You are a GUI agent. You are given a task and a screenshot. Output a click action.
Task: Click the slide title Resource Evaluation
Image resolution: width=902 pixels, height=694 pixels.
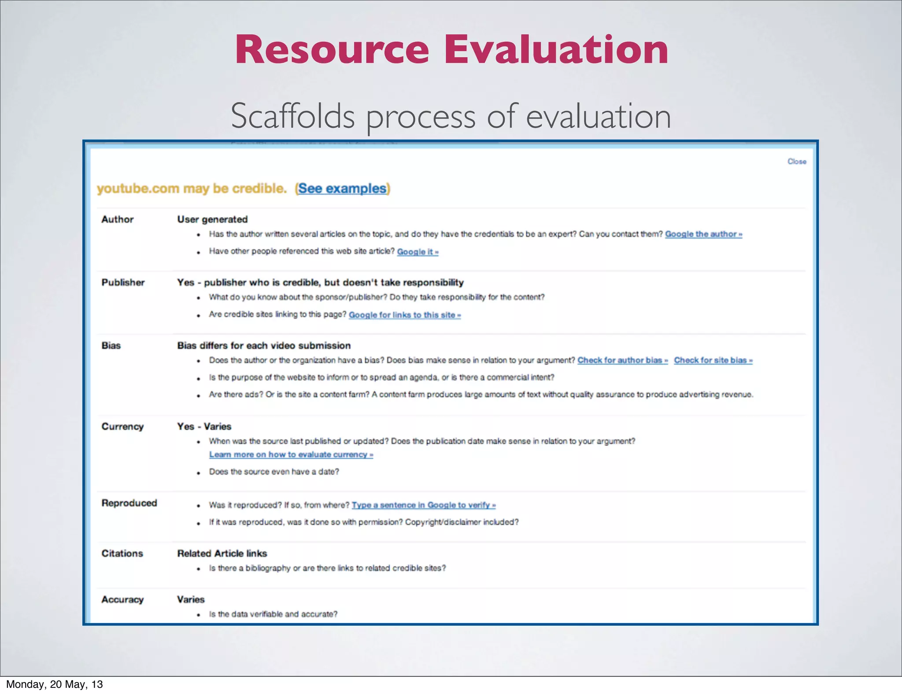(x=451, y=49)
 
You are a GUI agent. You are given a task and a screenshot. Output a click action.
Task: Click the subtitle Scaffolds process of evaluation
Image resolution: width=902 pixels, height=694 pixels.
(x=451, y=116)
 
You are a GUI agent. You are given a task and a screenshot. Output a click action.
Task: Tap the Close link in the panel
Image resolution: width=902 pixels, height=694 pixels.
(x=797, y=162)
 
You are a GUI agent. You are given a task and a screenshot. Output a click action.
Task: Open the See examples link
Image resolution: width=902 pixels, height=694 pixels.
(x=342, y=188)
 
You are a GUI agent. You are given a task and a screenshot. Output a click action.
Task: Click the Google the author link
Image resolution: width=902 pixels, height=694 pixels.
(x=703, y=234)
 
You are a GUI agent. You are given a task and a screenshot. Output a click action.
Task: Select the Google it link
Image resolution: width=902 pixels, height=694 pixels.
(x=417, y=252)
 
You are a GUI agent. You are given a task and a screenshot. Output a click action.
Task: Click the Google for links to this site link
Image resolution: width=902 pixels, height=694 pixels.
(x=404, y=315)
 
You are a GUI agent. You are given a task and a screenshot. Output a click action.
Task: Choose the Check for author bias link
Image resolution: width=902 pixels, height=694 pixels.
(x=622, y=360)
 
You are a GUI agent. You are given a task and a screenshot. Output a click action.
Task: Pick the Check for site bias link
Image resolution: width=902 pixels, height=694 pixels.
(x=713, y=360)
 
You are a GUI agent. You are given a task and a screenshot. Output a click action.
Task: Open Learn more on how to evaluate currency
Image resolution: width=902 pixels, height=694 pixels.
(x=291, y=454)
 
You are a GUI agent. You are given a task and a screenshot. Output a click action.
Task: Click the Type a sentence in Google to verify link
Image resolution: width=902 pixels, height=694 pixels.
(x=423, y=505)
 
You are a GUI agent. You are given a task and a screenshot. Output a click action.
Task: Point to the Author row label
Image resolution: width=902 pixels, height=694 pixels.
(x=117, y=219)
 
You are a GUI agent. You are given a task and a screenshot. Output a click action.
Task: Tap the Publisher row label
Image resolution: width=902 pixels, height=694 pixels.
(x=123, y=282)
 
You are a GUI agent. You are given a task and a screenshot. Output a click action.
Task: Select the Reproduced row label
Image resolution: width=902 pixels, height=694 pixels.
(x=129, y=503)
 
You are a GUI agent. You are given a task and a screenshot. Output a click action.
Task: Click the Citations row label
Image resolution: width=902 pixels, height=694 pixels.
(x=122, y=554)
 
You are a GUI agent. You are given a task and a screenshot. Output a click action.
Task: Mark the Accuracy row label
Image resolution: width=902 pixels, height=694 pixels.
(x=122, y=600)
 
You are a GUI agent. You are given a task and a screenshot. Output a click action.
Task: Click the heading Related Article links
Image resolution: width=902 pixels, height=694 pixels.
(x=222, y=554)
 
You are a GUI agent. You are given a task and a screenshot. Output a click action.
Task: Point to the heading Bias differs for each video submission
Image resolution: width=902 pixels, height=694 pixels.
(x=264, y=346)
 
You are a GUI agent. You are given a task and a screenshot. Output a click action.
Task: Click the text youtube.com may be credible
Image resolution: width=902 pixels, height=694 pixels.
(x=192, y=188)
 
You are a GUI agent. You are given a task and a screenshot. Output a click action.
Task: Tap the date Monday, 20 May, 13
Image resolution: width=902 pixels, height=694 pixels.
(x=55, y=684)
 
